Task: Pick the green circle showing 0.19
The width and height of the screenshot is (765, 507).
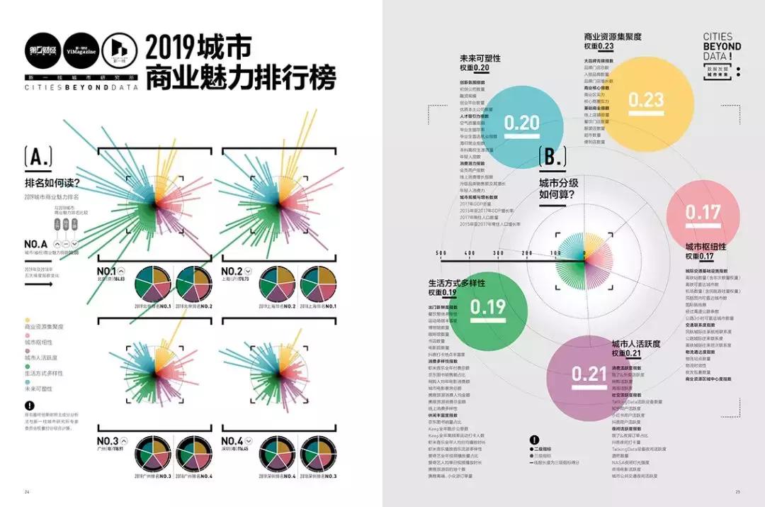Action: [488, 306]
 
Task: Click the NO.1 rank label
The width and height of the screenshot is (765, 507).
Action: [106, 271]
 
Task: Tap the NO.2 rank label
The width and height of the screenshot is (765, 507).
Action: [232, 271]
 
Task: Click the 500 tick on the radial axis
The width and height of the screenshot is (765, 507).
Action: [441, 253]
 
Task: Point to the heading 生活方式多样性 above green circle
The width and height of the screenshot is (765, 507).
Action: [456, 282]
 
